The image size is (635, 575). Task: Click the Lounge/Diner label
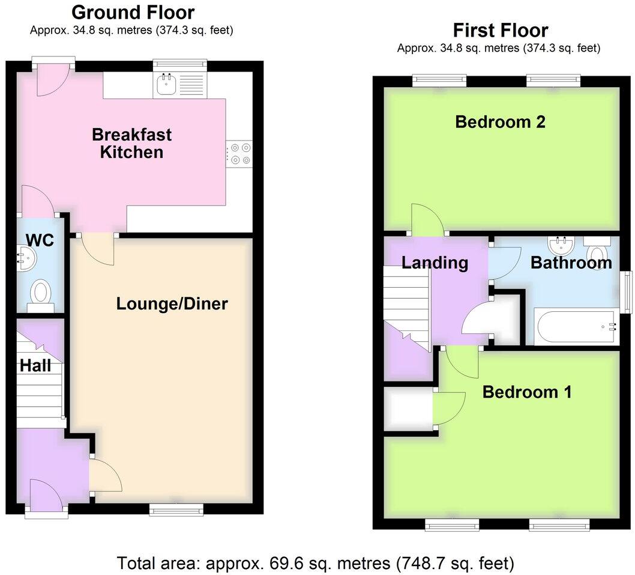172,304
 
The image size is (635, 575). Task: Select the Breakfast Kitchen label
131,143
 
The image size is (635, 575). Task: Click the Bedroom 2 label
500,122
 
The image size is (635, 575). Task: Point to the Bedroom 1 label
526,392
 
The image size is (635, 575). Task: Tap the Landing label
434,263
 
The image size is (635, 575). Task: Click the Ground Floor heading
133,12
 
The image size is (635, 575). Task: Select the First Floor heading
500,29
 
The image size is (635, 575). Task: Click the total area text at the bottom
316,563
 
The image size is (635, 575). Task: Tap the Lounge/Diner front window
176,510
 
